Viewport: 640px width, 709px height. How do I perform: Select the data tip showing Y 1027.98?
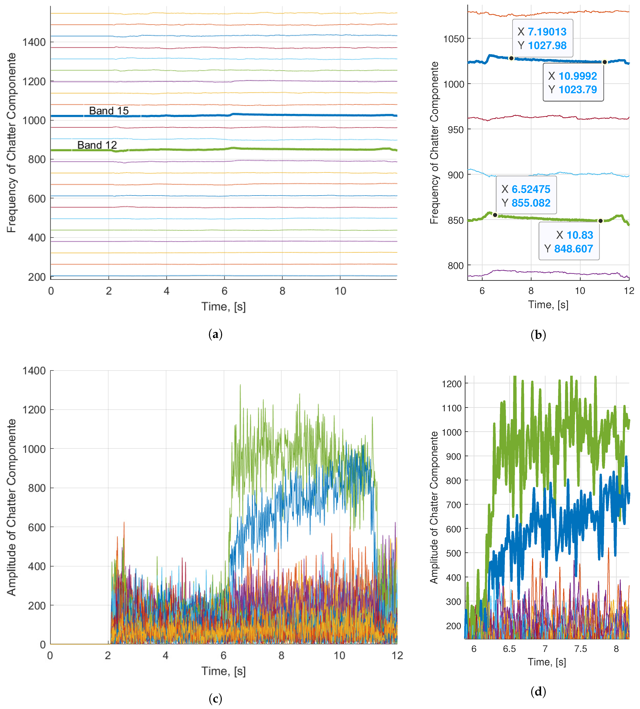pyautogui.click(x=542, y=38)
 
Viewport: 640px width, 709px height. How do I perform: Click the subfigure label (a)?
pyautogui.click(x=215, y=334)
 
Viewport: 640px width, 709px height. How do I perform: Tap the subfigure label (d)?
pyautogui.click(x=538, y=691)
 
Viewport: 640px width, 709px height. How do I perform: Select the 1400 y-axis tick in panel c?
pyautogui.click(x=34, y=371)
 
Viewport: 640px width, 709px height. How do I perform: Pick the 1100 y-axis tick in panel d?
pyautogui.click(x=452, y=408)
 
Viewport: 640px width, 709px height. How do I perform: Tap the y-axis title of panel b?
pyautogui.click(x=434, y=143)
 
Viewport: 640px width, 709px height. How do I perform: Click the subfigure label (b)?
pyautogui.click(x=538, y=335)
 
